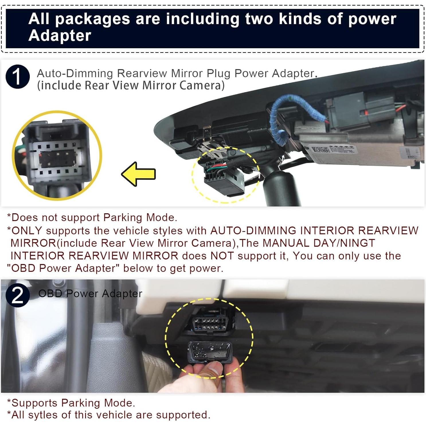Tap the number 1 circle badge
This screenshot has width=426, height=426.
(x=17, y=77)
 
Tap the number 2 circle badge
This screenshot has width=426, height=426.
(x=17, y=295)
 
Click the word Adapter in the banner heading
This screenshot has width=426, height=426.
(x=60, y=36)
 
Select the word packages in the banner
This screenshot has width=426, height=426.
(x=92, y=19)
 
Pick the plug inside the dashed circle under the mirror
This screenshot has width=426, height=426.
(x=224, y=179)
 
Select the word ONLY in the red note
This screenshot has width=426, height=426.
(x=27, y=230)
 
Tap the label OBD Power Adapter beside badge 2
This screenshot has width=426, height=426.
(x=90, y=294)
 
